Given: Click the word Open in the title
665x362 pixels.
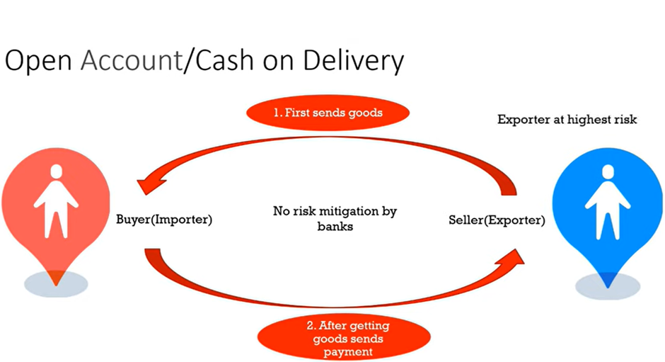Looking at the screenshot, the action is (x=38, y=61).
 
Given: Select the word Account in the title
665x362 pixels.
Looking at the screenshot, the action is (x=132, y=60).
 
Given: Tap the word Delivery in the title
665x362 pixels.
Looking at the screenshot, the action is (x=353, y=61).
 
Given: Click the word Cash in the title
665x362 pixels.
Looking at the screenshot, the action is (x=224, y=60).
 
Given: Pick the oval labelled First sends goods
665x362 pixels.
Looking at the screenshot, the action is (x=328, y=113).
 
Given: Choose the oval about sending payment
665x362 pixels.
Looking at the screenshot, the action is (x=344, y=338).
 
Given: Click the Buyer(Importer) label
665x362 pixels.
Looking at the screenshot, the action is (x=164, y=220).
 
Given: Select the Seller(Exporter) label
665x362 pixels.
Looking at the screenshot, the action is (x=497, y=220).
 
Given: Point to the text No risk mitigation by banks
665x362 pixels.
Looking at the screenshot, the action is (x=335, y=218).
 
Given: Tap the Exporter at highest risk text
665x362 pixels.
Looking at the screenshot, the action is (x=567, y=120).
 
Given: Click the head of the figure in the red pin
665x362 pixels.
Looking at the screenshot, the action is (x=56, y=171).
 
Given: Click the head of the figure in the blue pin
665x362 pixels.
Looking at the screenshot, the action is (x=608, y=171).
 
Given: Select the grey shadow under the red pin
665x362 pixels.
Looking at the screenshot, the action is (x=56, y=284).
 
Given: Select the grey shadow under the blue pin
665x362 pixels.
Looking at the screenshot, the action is (x=608, y=286).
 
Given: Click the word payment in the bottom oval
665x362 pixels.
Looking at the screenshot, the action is (x=348, y=352).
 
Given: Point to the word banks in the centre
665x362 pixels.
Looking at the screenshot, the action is (x=335, y=227).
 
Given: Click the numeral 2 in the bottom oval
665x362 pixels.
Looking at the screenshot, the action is (x=311, y=326).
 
